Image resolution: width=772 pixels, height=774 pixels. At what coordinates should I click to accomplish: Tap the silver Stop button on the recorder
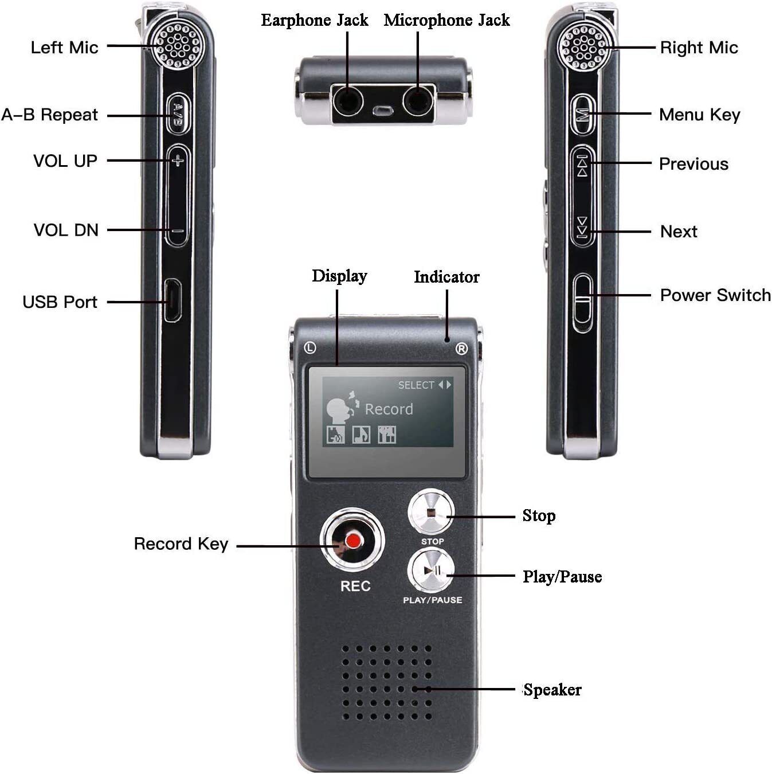coord(431,512)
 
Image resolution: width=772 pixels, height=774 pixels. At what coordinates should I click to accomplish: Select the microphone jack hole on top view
coord(418,102)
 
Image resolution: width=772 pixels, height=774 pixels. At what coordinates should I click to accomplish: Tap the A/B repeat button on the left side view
coord(178,114)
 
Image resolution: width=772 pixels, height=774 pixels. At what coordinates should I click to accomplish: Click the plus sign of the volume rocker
coord(178,161)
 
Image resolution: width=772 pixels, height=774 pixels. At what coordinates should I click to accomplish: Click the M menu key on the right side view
coord(583,115)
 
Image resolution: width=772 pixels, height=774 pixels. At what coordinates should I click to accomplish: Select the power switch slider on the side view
coord(582,303)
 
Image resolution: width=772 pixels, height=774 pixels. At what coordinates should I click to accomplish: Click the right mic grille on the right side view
coord(583,47)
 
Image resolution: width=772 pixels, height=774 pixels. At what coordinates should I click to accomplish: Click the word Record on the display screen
coord(389,409)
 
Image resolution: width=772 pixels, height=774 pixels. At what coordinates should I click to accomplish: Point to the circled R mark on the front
coord(461,349)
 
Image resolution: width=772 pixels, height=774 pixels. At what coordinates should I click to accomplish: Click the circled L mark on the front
coord(310,348)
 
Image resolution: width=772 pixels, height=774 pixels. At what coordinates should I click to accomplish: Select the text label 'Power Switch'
coord(715,295)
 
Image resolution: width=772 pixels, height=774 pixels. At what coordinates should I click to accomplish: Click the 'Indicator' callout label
coord(446,277)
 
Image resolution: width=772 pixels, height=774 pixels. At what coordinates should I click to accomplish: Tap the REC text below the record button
coord(355,586)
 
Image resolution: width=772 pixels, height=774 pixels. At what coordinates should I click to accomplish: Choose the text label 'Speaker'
coord(552,690)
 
